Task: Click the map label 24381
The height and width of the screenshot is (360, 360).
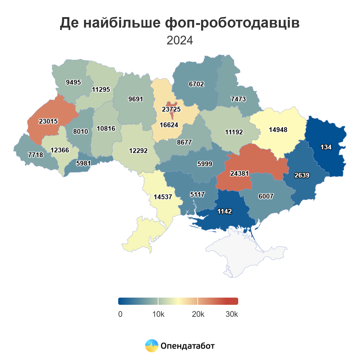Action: [239, 173]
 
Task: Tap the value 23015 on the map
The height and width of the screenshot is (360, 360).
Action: [48, 121]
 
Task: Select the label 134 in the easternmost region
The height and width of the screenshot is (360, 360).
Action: [326, 147]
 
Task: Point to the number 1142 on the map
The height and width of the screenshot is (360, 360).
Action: [224, 211]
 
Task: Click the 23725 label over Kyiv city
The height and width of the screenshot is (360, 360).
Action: [171, 109]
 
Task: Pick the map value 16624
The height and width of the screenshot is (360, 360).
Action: [169, 125]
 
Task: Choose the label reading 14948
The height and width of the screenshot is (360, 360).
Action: [278, 130]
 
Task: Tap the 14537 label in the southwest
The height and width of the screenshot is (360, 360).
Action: [163, 197]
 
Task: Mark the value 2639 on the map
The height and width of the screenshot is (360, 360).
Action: [302, 175]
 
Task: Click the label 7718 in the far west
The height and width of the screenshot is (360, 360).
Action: [35, 155]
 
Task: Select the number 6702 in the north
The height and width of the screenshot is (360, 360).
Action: [196, 84]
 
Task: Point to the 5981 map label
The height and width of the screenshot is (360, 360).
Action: [83, 163]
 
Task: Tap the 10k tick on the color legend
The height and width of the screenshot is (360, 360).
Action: [158, 314]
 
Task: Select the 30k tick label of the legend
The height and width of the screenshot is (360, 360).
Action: [232, 314]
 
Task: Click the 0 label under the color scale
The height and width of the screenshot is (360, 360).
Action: [120, 314]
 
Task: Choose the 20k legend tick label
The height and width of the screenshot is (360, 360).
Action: [198, 314]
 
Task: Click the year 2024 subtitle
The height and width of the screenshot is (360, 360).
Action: [180, 40]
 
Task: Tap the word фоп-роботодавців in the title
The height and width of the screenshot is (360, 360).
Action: [232, 23]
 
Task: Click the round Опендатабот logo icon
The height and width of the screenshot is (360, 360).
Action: [151, 346]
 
